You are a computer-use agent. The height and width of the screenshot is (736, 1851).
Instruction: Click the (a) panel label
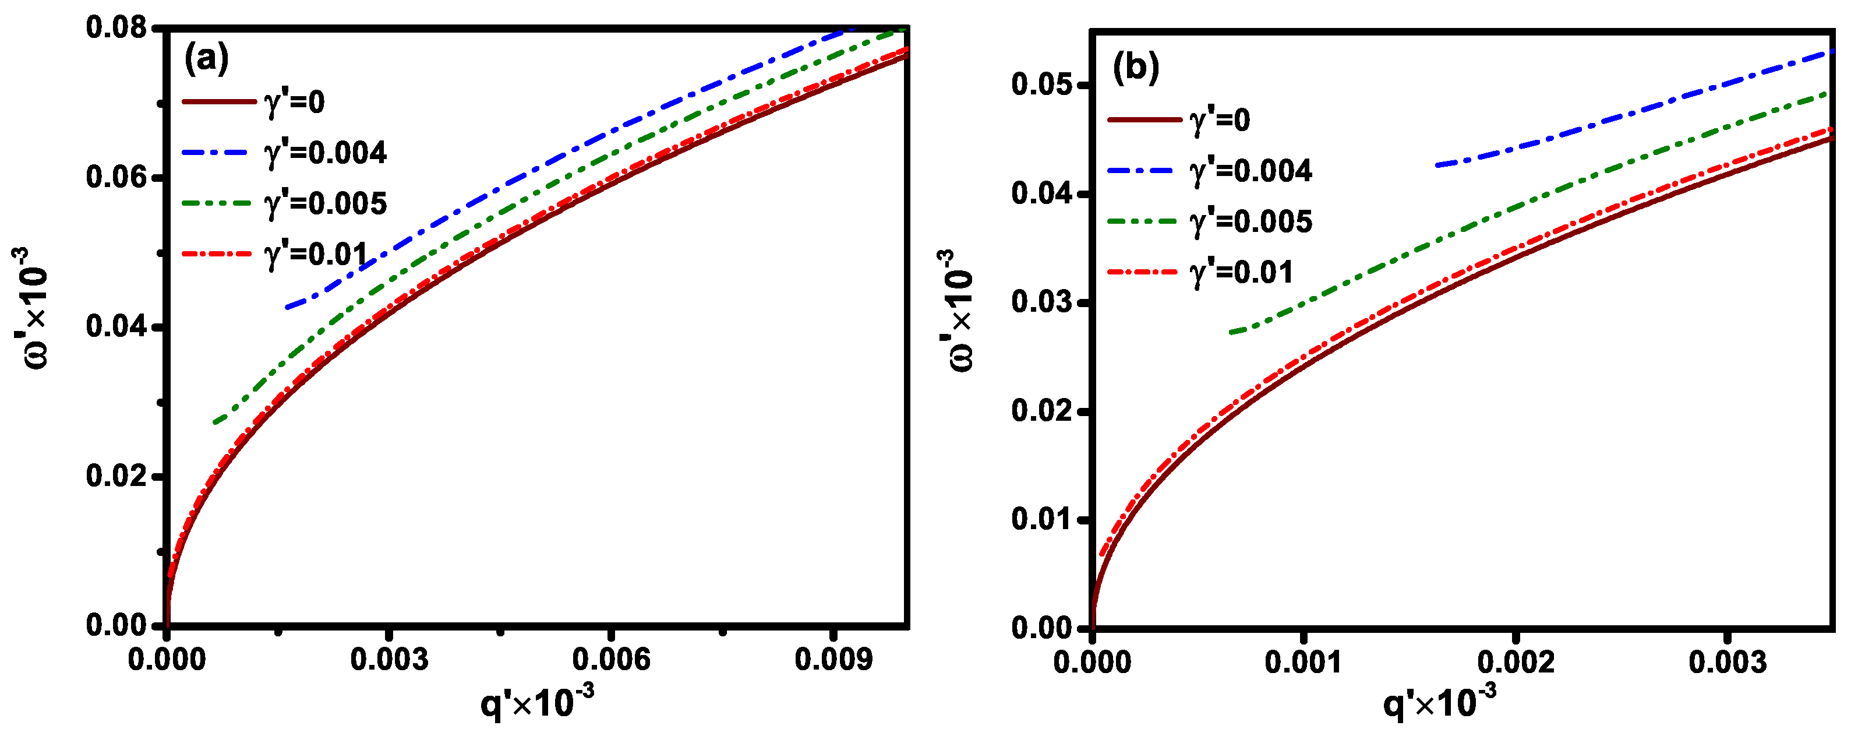(x=206, y=59)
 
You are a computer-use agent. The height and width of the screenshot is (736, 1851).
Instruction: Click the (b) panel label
(x=1135, y=68)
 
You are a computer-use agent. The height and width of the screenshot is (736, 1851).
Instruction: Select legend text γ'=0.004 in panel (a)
(x=326, y=153)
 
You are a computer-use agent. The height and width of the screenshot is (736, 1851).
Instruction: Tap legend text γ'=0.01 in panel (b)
(x=1241, y=272)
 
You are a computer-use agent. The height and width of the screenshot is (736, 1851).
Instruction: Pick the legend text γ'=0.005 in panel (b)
(x=1251, y=221)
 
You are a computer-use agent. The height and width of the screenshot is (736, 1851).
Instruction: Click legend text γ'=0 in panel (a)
(x=295, y=102)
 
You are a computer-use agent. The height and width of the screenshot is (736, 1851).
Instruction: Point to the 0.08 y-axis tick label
(x=116, y=28)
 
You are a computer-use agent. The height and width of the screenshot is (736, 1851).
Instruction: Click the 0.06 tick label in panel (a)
(x=116, y=178)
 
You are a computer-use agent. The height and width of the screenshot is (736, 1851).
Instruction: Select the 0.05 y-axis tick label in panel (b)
(x=1042, y=85)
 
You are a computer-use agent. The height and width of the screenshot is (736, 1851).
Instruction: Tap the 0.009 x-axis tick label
(x=833, y=659)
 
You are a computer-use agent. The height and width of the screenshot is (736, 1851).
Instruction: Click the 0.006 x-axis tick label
(x=611, y=659)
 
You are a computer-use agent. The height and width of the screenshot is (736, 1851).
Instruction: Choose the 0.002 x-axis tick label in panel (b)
(x=1516, y=662)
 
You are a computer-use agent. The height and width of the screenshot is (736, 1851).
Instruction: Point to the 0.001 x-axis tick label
(x=1303, y=662)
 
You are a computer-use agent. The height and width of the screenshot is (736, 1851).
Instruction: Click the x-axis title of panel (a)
(x=537, y=702)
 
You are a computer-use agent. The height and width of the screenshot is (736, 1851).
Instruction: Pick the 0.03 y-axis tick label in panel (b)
(x=1042, y=302)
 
